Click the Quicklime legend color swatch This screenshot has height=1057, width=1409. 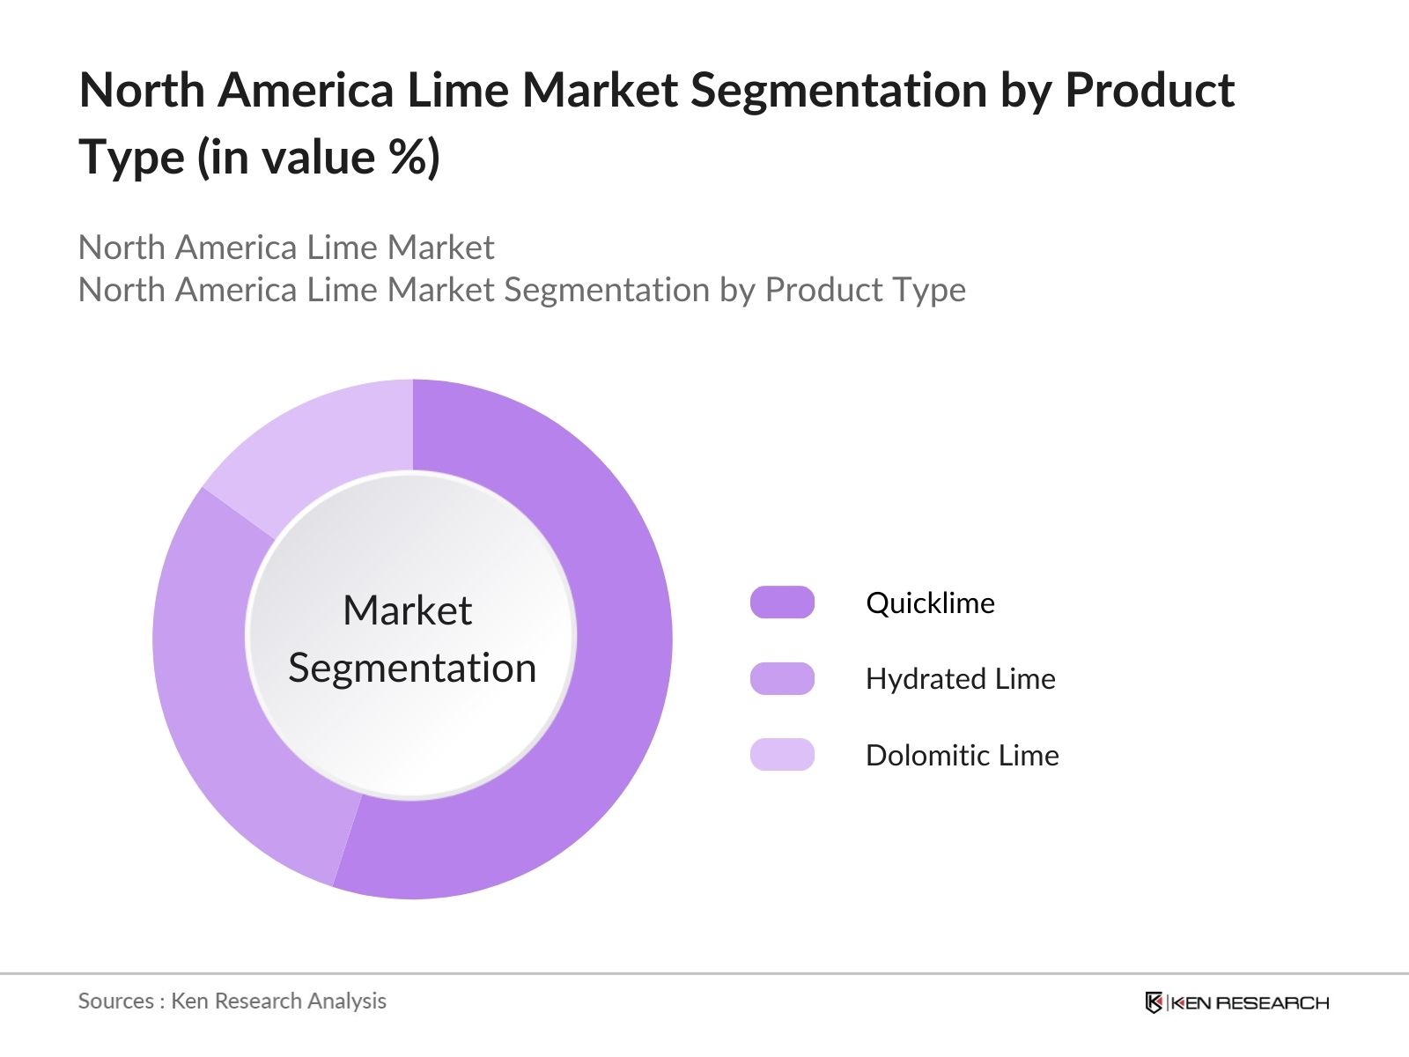[782, 602]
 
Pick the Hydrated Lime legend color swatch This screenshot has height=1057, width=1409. [782, 679]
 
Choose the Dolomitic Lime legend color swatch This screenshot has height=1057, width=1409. [782, 755]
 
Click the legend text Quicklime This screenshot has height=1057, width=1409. [930, 603]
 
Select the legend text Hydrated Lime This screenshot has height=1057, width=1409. [960, 679]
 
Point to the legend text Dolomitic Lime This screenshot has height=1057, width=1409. [962, 756]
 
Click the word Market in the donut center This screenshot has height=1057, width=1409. [407, 610]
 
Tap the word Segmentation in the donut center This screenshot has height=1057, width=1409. [412, 669]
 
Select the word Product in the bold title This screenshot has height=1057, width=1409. [1149, 91]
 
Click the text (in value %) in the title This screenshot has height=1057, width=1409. [318, 159]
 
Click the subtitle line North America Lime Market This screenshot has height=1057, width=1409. [286, 248]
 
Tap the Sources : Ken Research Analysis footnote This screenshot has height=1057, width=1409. [232, 1002]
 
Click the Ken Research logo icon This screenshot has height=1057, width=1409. [1154, 1002]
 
